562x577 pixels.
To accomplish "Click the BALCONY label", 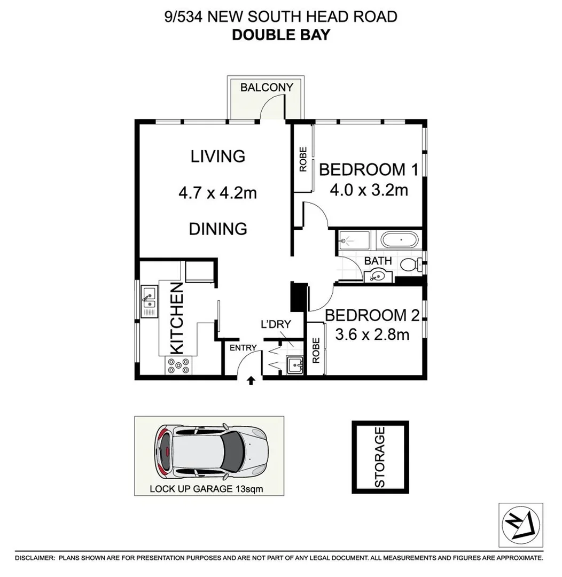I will (x=267, y=87).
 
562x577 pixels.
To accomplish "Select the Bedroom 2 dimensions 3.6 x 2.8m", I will (x=372, y=335).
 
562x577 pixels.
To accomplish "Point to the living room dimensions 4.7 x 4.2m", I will (x=217, y=192).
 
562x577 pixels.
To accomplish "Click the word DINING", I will (x=218, y=229).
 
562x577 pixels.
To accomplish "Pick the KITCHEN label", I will (x=177, y=318).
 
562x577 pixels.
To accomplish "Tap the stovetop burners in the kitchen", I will (x=179, y=365).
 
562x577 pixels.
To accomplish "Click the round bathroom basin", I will (x=379, y=276).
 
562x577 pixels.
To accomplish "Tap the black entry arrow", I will (x=251, y=380).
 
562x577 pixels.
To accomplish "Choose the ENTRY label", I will (x=244, y=348).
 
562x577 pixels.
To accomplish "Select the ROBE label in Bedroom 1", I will (x=303, y=159).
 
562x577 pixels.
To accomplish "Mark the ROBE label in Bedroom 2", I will (x=316, y=350).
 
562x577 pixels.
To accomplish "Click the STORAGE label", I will (x=380, y=457).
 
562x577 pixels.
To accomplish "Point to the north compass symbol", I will (x=520, y=525).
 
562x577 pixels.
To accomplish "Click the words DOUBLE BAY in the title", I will (x=280, y=35).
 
